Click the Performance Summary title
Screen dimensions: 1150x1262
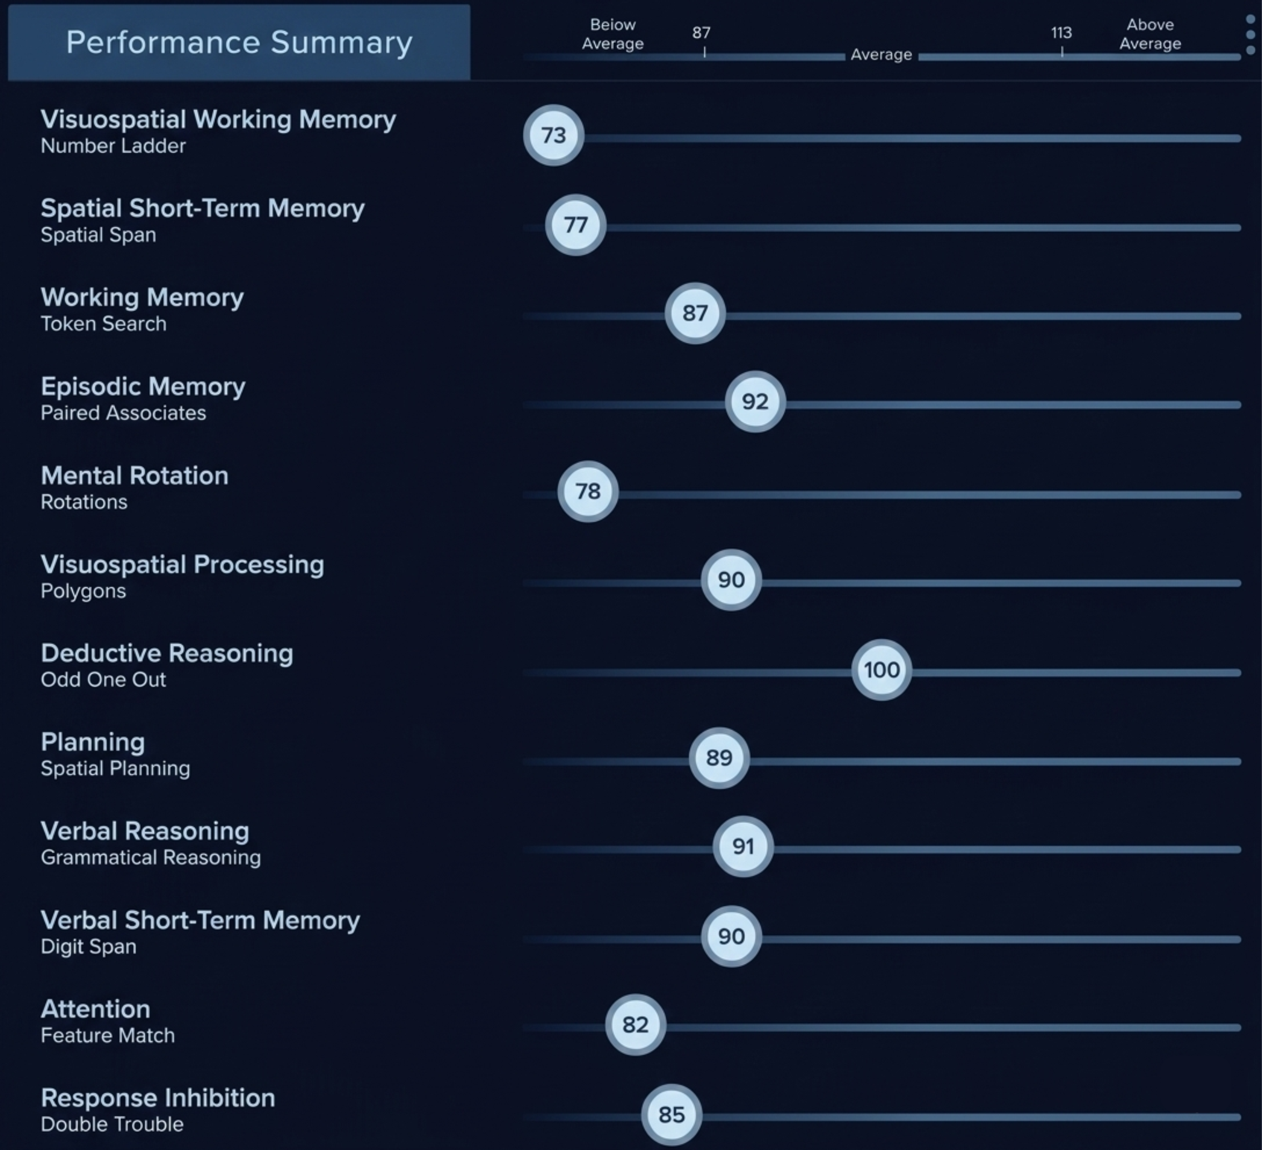tap(239, 43)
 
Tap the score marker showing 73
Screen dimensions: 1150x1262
tap(553, 135)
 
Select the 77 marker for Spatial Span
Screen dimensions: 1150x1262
tap(575, 225)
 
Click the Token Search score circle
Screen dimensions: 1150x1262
tap(695, 313)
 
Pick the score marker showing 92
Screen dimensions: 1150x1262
tap(755, 402)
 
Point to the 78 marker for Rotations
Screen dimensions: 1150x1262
tap(588, 492)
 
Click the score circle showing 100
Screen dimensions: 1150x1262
tap(882, 669)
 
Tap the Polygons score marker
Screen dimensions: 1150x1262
tap(731, 580)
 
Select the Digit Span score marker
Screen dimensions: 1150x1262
tap(731, 936)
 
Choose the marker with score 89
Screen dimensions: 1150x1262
tap(719, 758)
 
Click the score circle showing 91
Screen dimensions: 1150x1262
tap(743, 847)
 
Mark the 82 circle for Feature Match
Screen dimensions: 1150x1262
tap(636, 1025)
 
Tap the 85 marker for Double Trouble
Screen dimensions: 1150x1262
tap(672, 1114)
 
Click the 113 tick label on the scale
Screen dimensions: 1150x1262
tap(1061, 32)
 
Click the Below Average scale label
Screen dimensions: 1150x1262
tap(612, 34)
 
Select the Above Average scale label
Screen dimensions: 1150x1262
tap(1150, 34)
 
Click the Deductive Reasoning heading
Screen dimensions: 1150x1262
tap(167, 653)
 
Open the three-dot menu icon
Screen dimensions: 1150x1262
tap(1250, 34)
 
